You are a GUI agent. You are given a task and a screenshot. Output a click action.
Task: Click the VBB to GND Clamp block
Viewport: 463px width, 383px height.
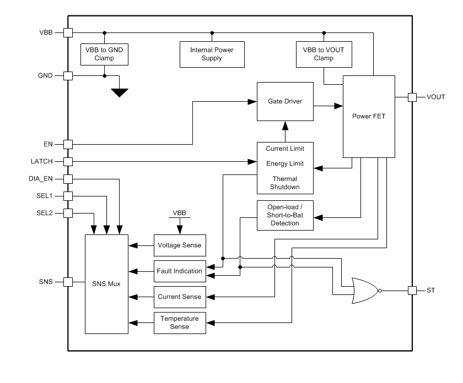point(104,53)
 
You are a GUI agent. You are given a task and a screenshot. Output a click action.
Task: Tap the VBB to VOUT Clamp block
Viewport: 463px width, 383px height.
point(324,53)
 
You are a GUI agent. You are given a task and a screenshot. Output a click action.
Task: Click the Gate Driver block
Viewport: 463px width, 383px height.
point(285,102)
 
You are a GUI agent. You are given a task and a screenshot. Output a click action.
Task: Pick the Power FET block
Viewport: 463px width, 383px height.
point(369,116)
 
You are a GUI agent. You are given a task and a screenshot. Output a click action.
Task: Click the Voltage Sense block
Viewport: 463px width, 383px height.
point(179,245)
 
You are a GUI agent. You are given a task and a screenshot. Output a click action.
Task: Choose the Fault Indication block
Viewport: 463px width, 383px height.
point(179,271)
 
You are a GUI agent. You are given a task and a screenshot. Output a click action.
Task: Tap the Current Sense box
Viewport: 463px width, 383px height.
point(179,297)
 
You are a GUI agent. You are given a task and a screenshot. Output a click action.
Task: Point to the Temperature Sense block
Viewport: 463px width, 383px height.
point(179,322)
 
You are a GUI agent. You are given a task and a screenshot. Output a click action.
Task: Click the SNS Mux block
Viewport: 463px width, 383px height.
point(107,284)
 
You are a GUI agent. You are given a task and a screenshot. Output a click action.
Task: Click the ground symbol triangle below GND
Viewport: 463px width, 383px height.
point(119,92)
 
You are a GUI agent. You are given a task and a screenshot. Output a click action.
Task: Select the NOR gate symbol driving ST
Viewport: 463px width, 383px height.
point(361,290)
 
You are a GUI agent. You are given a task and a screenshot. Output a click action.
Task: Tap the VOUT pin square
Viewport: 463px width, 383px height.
point(411,97)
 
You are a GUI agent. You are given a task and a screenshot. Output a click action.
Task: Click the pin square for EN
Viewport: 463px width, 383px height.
point(68,144)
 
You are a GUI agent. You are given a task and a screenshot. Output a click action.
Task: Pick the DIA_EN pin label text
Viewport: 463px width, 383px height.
point(41,179)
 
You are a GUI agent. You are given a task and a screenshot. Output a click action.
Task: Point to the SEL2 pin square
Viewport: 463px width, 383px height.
point(68,213)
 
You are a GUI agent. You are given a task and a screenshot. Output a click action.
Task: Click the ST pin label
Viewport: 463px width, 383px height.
point(430,290)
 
